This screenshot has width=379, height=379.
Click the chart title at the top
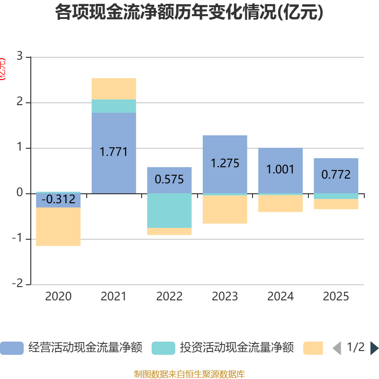pyautogui.click(x=189, y=13)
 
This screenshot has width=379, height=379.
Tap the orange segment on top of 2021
pyautogui.click(x=114, y=89)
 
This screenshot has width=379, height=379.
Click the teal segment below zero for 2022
pyautogui.click(x=169, y=210)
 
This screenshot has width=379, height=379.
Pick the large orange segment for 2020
pyautogui.click(x=58, y=227)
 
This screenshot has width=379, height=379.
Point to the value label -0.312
pyautogui.click(x=58, y=199)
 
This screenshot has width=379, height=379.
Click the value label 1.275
pyautogui.click(x=225, y=163)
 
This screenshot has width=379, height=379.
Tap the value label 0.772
pyautogui.click(x=336, y=174)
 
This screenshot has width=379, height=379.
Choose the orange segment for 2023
pyautogui.click(x=225, y=209)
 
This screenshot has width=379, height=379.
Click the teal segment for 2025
pyautogui.click(x=336, y=196)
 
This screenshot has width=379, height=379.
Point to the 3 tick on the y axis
pyautogui.click(x=19, y=56)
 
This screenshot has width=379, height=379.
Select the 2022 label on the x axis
pyautogui.click(x=169, y=297)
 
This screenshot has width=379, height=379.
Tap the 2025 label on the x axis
pyautogui.click(x=336, y=297)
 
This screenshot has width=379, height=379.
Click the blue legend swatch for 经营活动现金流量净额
pyautogui.click(x=12, y=348)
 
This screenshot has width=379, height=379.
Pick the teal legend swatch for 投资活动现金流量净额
pyautogui.click(x=163, y=348)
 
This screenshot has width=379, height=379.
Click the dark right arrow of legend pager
pyautogui.click(x=374, y=348)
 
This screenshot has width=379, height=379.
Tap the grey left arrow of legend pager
pyautogui.click(x=337, y=348)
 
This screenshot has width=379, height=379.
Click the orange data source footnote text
pyautogui.click(x=189, y=374)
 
